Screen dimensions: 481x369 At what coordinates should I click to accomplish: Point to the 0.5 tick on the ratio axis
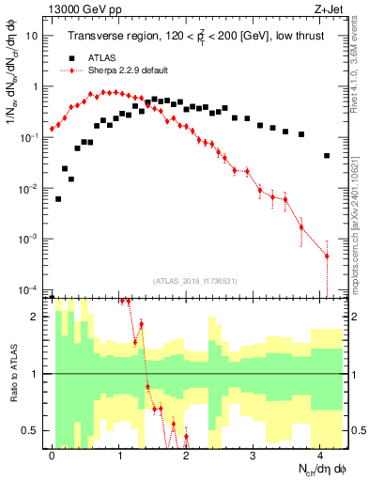(x=32, y=430)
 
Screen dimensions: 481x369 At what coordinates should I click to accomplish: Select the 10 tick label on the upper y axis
(x=31, y=36)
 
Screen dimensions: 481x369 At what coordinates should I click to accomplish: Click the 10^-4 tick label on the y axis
(x=28, y=289)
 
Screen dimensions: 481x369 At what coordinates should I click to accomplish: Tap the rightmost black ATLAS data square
(x=327, y=156)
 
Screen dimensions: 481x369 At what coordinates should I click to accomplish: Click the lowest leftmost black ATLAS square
(x=58, y=199)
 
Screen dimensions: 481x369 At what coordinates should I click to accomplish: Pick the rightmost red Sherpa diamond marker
(x=327, y=256)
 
